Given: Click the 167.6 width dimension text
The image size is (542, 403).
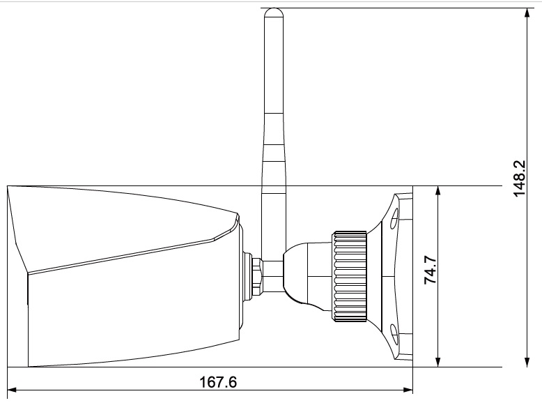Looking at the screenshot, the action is pyautogui.click(x=218, y=382).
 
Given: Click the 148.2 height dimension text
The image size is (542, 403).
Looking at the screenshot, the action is pyautogui.click(x=520, y=178).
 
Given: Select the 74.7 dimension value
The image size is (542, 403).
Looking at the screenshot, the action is pyautogui.click(x=431, y=271).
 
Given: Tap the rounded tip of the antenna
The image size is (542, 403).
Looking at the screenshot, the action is pyautogui.click(x=273, y=13).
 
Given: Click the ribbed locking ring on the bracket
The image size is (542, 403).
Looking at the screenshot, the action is pyautogui.click(x=350, y=277).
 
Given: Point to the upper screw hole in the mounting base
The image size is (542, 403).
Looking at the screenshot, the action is pyautogui.click(x=394, y=218).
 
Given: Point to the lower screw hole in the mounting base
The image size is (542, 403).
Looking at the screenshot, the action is pyautogui.click(x=394, y=335).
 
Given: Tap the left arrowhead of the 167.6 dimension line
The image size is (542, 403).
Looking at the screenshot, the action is pyautogui.click(x=12, y=390).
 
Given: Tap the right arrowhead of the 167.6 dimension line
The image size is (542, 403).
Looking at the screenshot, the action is pyautogui.click(x=408, y=390).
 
